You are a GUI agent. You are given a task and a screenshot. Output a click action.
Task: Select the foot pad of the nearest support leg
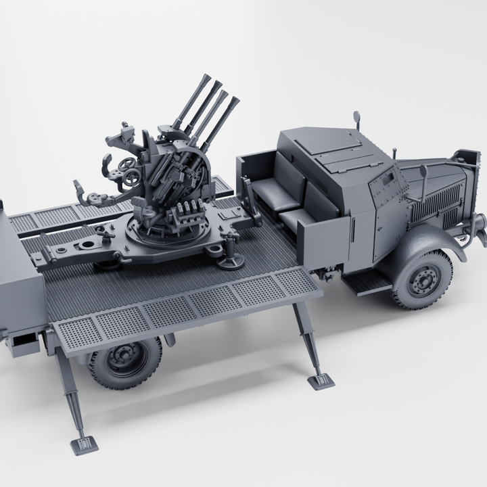(x=84, y=444)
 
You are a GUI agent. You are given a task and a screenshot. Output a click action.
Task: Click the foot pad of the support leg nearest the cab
(x=321, y=381)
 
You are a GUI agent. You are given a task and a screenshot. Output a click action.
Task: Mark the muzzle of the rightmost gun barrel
(x=235, y=101)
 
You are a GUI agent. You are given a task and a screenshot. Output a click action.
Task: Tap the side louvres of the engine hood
(x=436, y=201)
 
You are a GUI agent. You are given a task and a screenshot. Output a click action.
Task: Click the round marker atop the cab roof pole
(x=356, y=116)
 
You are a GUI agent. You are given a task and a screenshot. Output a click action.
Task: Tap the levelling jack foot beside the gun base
(x=232, y=260)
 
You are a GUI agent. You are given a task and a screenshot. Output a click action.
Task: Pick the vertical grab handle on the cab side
(x=353, y=231)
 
